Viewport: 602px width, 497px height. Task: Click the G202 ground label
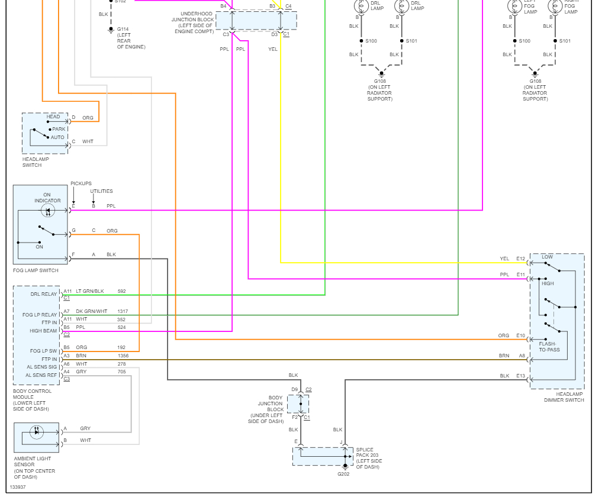[343, 474]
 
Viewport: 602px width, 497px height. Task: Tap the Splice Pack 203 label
[369, 458]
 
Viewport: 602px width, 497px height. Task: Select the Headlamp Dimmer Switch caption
[564, 397]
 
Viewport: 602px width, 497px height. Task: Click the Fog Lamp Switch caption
[36, 270]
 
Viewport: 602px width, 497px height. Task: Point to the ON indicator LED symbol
[48, 211]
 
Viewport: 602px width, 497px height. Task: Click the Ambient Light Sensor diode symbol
[37, 432]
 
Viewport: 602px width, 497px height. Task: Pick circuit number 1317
[123, 311]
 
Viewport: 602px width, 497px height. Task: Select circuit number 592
[122, 291]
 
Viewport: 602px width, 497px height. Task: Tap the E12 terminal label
[520, 259]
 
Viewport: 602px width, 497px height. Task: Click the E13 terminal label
[520, 376]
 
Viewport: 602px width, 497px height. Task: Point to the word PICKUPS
[81, 183]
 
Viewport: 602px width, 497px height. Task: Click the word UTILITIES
[101, 191]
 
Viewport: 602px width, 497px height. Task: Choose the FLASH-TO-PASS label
[549, 347]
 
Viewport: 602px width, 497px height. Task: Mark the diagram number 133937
[18, 487]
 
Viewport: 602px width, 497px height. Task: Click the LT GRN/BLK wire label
[90, 291]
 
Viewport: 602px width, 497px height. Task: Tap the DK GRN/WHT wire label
[91, 311]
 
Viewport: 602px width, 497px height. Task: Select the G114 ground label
[123, 29]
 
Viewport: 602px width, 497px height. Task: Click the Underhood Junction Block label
[193, 22]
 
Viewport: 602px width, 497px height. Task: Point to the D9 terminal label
[294, 389]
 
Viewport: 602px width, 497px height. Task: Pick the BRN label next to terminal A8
[504, 356]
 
